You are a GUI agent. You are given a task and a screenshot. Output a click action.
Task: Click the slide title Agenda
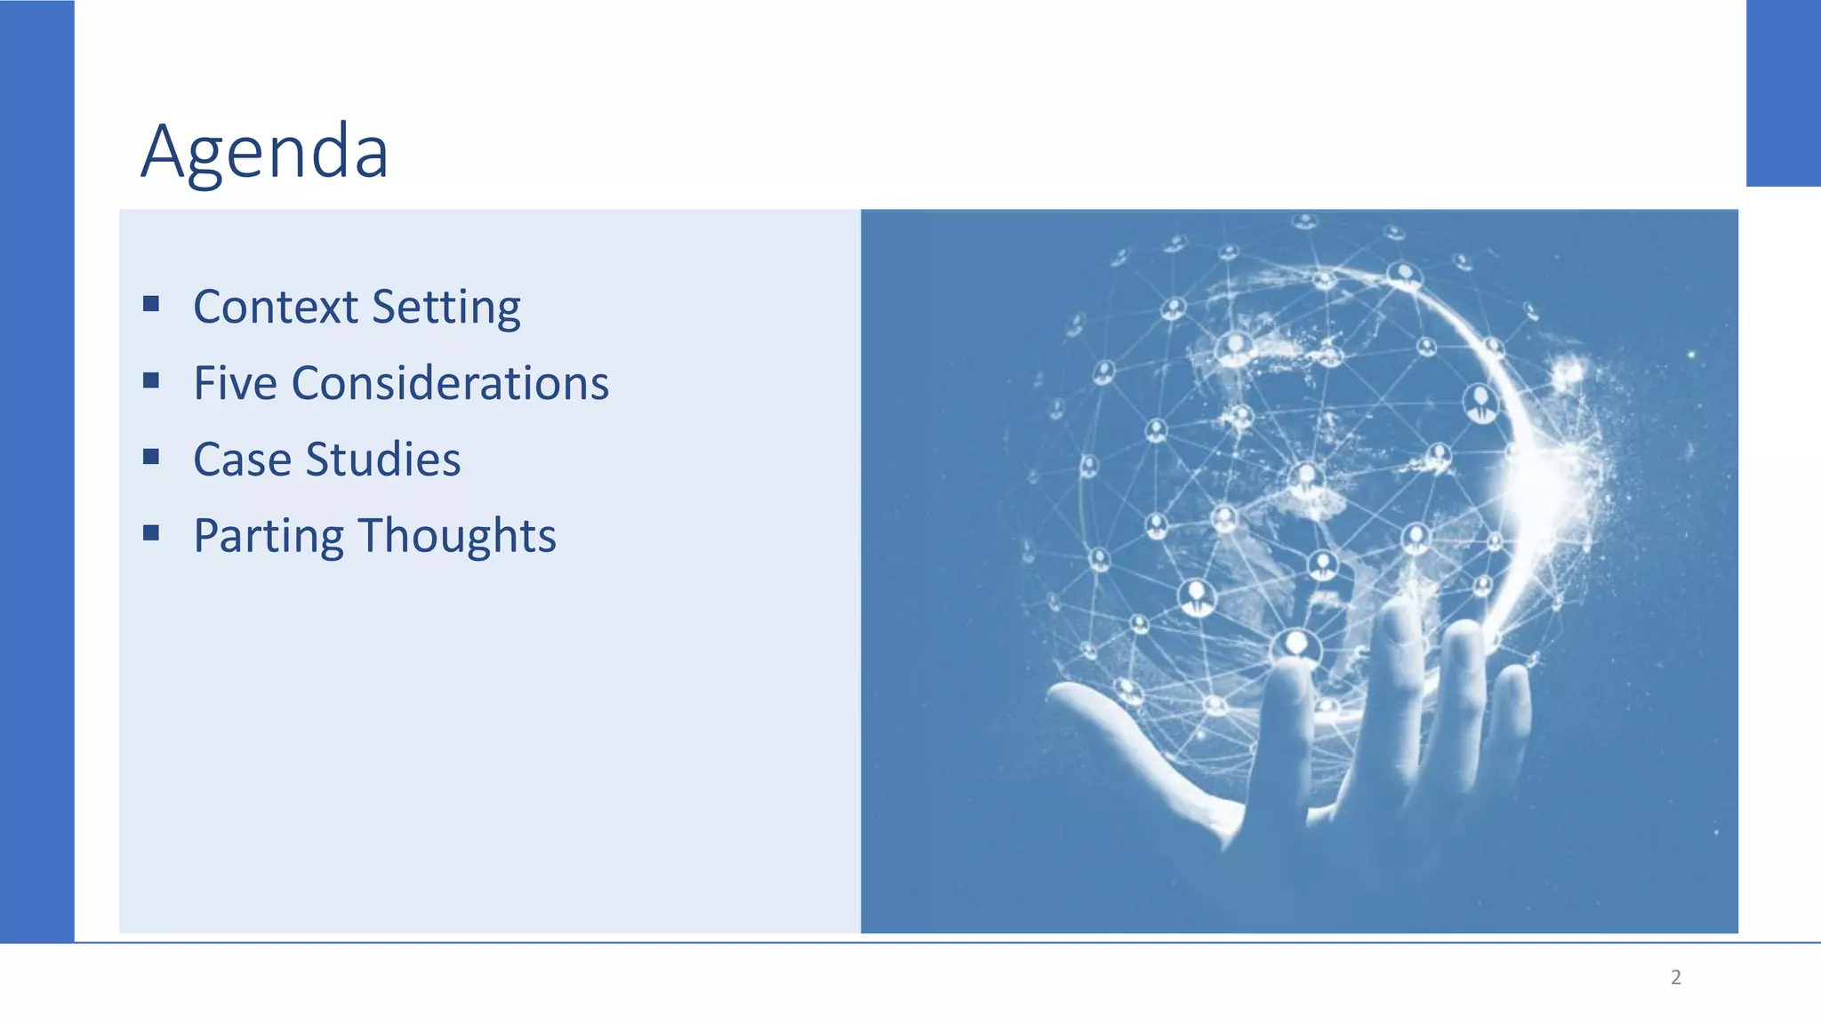265,151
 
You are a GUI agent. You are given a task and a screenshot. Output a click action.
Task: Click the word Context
276,307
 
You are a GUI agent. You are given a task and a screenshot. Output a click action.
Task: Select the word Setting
446,308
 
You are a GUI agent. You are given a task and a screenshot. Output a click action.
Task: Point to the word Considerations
450,383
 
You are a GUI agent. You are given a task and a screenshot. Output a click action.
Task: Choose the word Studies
383,460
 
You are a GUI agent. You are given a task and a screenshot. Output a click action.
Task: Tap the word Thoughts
458,536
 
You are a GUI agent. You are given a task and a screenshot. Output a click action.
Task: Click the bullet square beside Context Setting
151,304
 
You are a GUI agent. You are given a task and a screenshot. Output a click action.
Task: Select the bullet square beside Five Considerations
151,380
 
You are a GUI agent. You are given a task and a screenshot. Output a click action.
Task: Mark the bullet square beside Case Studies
151,457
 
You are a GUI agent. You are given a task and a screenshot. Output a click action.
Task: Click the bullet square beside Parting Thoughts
151,533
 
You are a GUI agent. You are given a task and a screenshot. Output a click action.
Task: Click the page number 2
1676,977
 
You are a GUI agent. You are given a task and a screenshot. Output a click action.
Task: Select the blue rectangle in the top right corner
1783,93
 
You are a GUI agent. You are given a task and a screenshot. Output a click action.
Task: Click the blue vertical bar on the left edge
36,471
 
